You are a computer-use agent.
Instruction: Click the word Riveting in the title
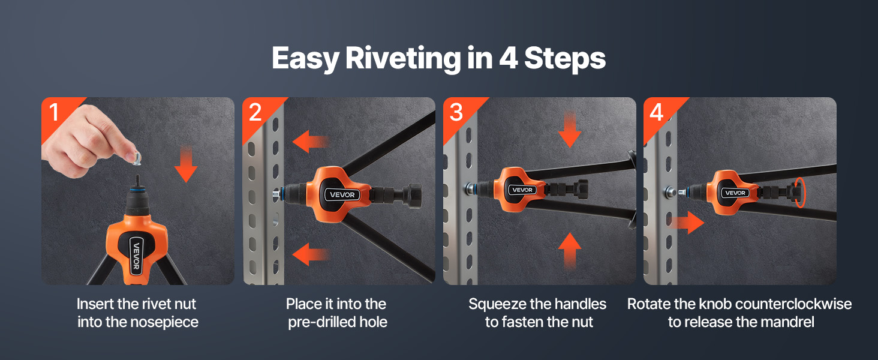403,59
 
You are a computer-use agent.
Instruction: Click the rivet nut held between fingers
136,158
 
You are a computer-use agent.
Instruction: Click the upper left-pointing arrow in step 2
311,142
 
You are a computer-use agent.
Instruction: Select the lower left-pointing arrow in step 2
311,254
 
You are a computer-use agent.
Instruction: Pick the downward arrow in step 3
570,130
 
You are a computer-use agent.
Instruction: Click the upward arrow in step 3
570,251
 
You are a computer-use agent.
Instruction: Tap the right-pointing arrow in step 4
687,223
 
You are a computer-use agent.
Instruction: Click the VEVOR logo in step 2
342,194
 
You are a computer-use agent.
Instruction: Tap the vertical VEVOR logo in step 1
136,256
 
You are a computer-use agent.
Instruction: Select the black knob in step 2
414,195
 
